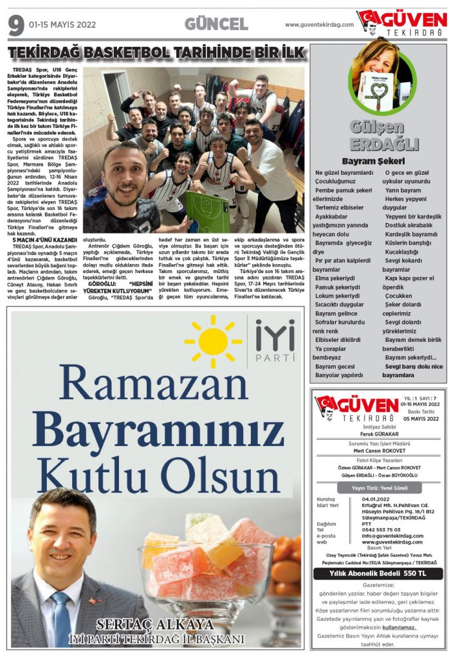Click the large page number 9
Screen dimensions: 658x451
point(15,25)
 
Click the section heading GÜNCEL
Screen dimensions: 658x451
point(216,24)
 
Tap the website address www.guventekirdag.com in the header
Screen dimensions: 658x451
point(319,25)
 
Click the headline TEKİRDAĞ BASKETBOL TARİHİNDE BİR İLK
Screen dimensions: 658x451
point(156,53)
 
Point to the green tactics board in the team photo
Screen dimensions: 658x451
point(208,211)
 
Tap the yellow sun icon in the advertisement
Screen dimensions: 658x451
point(213,341)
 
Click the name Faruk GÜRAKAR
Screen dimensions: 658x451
point(378,434)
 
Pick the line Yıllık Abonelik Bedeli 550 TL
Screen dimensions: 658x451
point(378,573)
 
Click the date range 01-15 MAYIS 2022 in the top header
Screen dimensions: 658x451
point(62,25)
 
